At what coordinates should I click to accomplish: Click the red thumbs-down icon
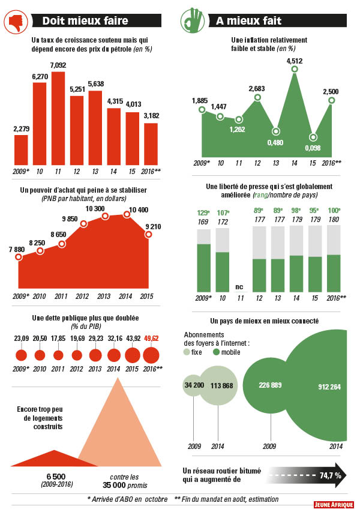[16, 22]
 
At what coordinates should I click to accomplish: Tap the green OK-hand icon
[192, 20]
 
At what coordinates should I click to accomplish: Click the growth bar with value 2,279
[21, 149]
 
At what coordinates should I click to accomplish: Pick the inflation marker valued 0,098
[313, 137]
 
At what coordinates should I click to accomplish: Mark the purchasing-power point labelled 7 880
[19, 257]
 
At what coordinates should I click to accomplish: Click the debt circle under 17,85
[58, 355]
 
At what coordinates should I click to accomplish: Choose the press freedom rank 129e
[204, 213]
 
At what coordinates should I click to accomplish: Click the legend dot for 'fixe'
[188, 352]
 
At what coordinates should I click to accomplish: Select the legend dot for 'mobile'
[216, 352]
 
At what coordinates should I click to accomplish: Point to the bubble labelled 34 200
[193, 384]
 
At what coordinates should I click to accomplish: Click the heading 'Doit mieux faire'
[85, 22]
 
